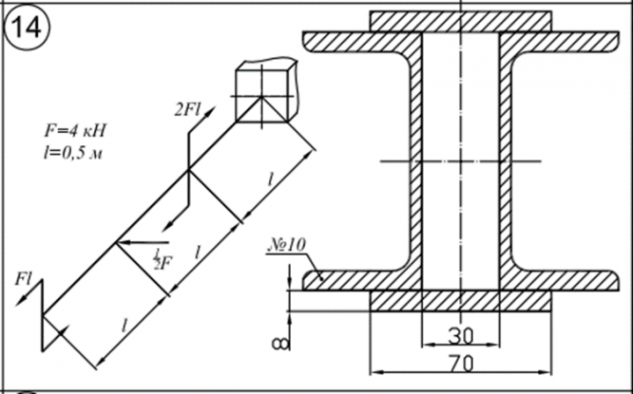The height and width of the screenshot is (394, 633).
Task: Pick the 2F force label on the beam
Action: click(158, 259)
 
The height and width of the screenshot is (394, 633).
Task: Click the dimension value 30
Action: click(461, 335)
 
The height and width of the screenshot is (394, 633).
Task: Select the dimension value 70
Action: click(461, 361)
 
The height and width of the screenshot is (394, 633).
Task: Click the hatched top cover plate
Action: click(460, 20)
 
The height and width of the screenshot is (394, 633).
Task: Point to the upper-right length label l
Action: click(273, 179)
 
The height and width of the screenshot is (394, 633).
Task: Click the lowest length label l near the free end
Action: click(125, 324)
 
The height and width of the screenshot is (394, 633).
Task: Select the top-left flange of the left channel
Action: click(357, 42)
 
